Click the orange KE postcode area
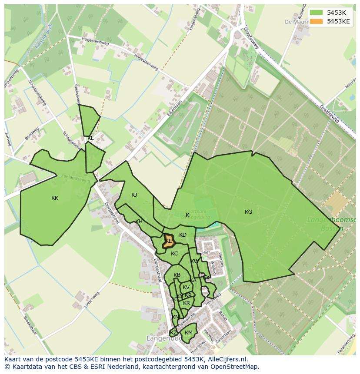(168, 241)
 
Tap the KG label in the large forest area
(248, 212)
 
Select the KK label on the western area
(55, 198)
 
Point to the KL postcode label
(90, 138)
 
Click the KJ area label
(134, 195)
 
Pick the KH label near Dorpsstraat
(139, 222)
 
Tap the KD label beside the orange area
(183, 235)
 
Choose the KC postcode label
(174, 254)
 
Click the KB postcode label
(177, 275)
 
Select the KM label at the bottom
(188, 333)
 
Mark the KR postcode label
(187, 303)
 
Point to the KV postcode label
(186, 288)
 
